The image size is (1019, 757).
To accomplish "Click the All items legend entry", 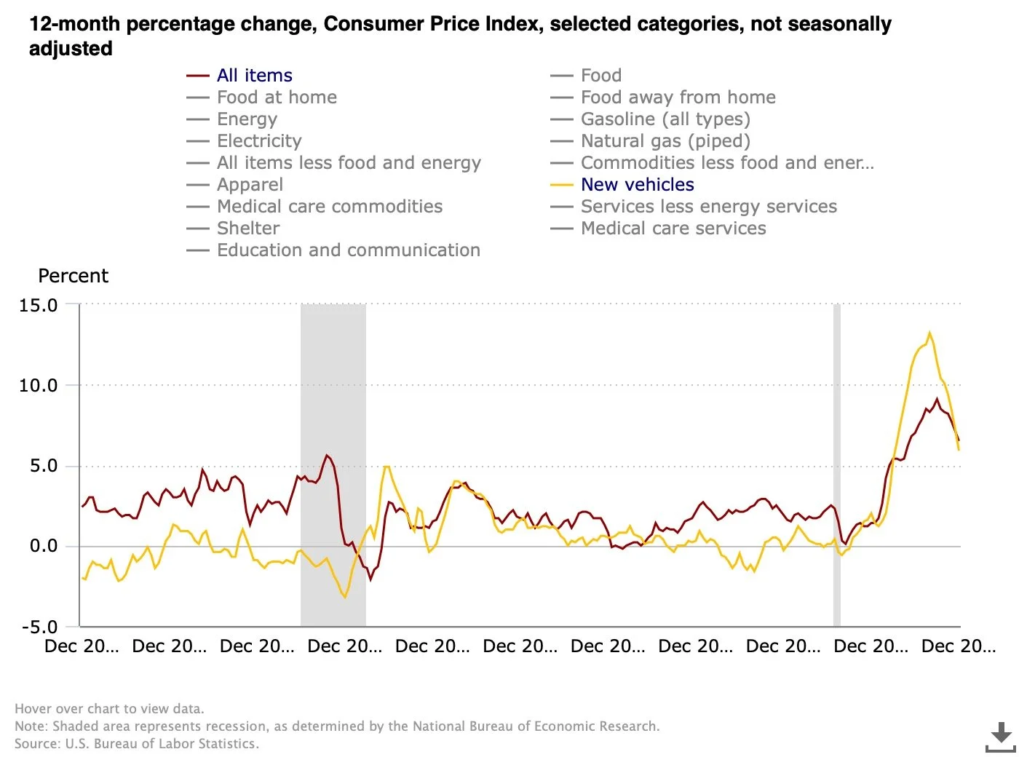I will point(254,76).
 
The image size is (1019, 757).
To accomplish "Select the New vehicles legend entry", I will point(637,185).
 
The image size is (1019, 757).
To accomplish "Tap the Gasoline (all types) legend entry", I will point(665,119).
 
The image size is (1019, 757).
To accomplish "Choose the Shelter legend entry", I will point(247,229).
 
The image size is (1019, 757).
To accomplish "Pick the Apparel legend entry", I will point(250,185).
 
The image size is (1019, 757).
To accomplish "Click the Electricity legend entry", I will point(258,141).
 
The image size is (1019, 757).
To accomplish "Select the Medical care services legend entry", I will point(673,229).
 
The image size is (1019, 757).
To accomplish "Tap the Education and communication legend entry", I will point(348,250).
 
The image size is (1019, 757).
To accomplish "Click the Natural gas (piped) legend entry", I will point(665,141).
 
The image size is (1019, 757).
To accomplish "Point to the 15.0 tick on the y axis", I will point(39,306).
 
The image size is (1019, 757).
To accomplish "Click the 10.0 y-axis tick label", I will point(39,386).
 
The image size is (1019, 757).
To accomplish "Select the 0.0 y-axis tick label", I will point(44,547).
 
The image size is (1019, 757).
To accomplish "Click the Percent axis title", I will point(73,277).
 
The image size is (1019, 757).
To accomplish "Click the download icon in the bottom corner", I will point(1001,737).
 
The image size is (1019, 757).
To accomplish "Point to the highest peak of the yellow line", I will point(929,333).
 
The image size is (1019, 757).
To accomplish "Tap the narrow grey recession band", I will point(837,466).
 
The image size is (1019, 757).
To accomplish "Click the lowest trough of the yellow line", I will point(344,597).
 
